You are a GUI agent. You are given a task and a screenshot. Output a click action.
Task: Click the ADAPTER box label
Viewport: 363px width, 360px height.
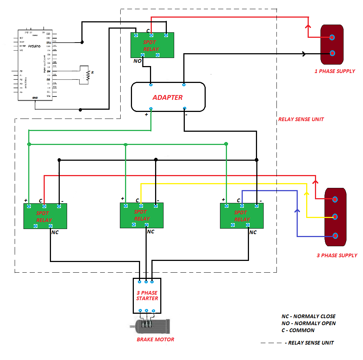(x=168, y=98)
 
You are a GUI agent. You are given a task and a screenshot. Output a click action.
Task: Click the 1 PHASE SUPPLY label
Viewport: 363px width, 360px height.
(x=335, y=71)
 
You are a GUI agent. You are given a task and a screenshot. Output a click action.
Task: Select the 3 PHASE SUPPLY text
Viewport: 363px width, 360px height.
(x=337, y=255)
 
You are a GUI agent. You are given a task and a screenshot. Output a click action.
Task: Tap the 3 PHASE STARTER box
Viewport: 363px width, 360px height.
(x=147, y=296)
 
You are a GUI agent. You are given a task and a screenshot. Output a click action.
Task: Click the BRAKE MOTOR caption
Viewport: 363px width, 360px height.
(x=155, y=339)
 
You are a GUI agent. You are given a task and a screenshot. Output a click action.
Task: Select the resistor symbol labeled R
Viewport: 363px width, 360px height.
(x=88, y=75)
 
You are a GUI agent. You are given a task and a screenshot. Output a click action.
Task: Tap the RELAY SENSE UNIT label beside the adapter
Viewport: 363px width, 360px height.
(x=301, y=119)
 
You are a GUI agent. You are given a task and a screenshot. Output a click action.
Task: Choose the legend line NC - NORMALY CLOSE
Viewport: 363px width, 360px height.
(x=308, y=316)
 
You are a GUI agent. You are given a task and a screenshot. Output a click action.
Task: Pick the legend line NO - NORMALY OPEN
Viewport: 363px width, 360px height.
(x=308, y=323)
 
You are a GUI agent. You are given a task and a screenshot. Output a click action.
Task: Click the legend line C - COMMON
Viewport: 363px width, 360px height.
(x=298, y=330)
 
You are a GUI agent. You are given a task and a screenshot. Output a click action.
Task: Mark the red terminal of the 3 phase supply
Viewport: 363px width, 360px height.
(x=335, y=199)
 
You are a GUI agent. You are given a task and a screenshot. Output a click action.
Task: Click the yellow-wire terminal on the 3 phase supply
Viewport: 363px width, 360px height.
(x=334, y=217)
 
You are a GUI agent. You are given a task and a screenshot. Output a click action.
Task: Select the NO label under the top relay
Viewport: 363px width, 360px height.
(x=137, y=61)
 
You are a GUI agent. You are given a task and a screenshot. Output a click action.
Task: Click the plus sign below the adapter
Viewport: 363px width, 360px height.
(x=146, y=114)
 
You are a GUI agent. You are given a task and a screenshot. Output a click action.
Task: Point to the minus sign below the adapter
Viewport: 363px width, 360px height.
(x=186, y=114)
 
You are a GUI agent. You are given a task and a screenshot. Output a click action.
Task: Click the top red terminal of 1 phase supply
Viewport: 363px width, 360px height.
(x=332, y=37)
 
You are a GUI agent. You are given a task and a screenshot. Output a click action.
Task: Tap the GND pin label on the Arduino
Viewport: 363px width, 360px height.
(x=35, y=98)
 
